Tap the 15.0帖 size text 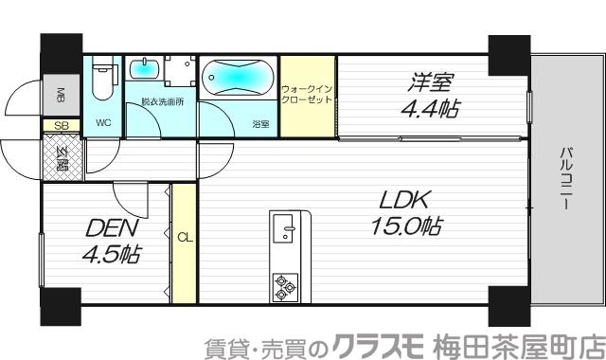[405, 226]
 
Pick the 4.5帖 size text [110, 254]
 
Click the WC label [102, 122]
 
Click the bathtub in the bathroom [238, 76]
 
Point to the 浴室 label [259, 122]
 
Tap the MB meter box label [60, 95]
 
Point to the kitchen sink [285, 227]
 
